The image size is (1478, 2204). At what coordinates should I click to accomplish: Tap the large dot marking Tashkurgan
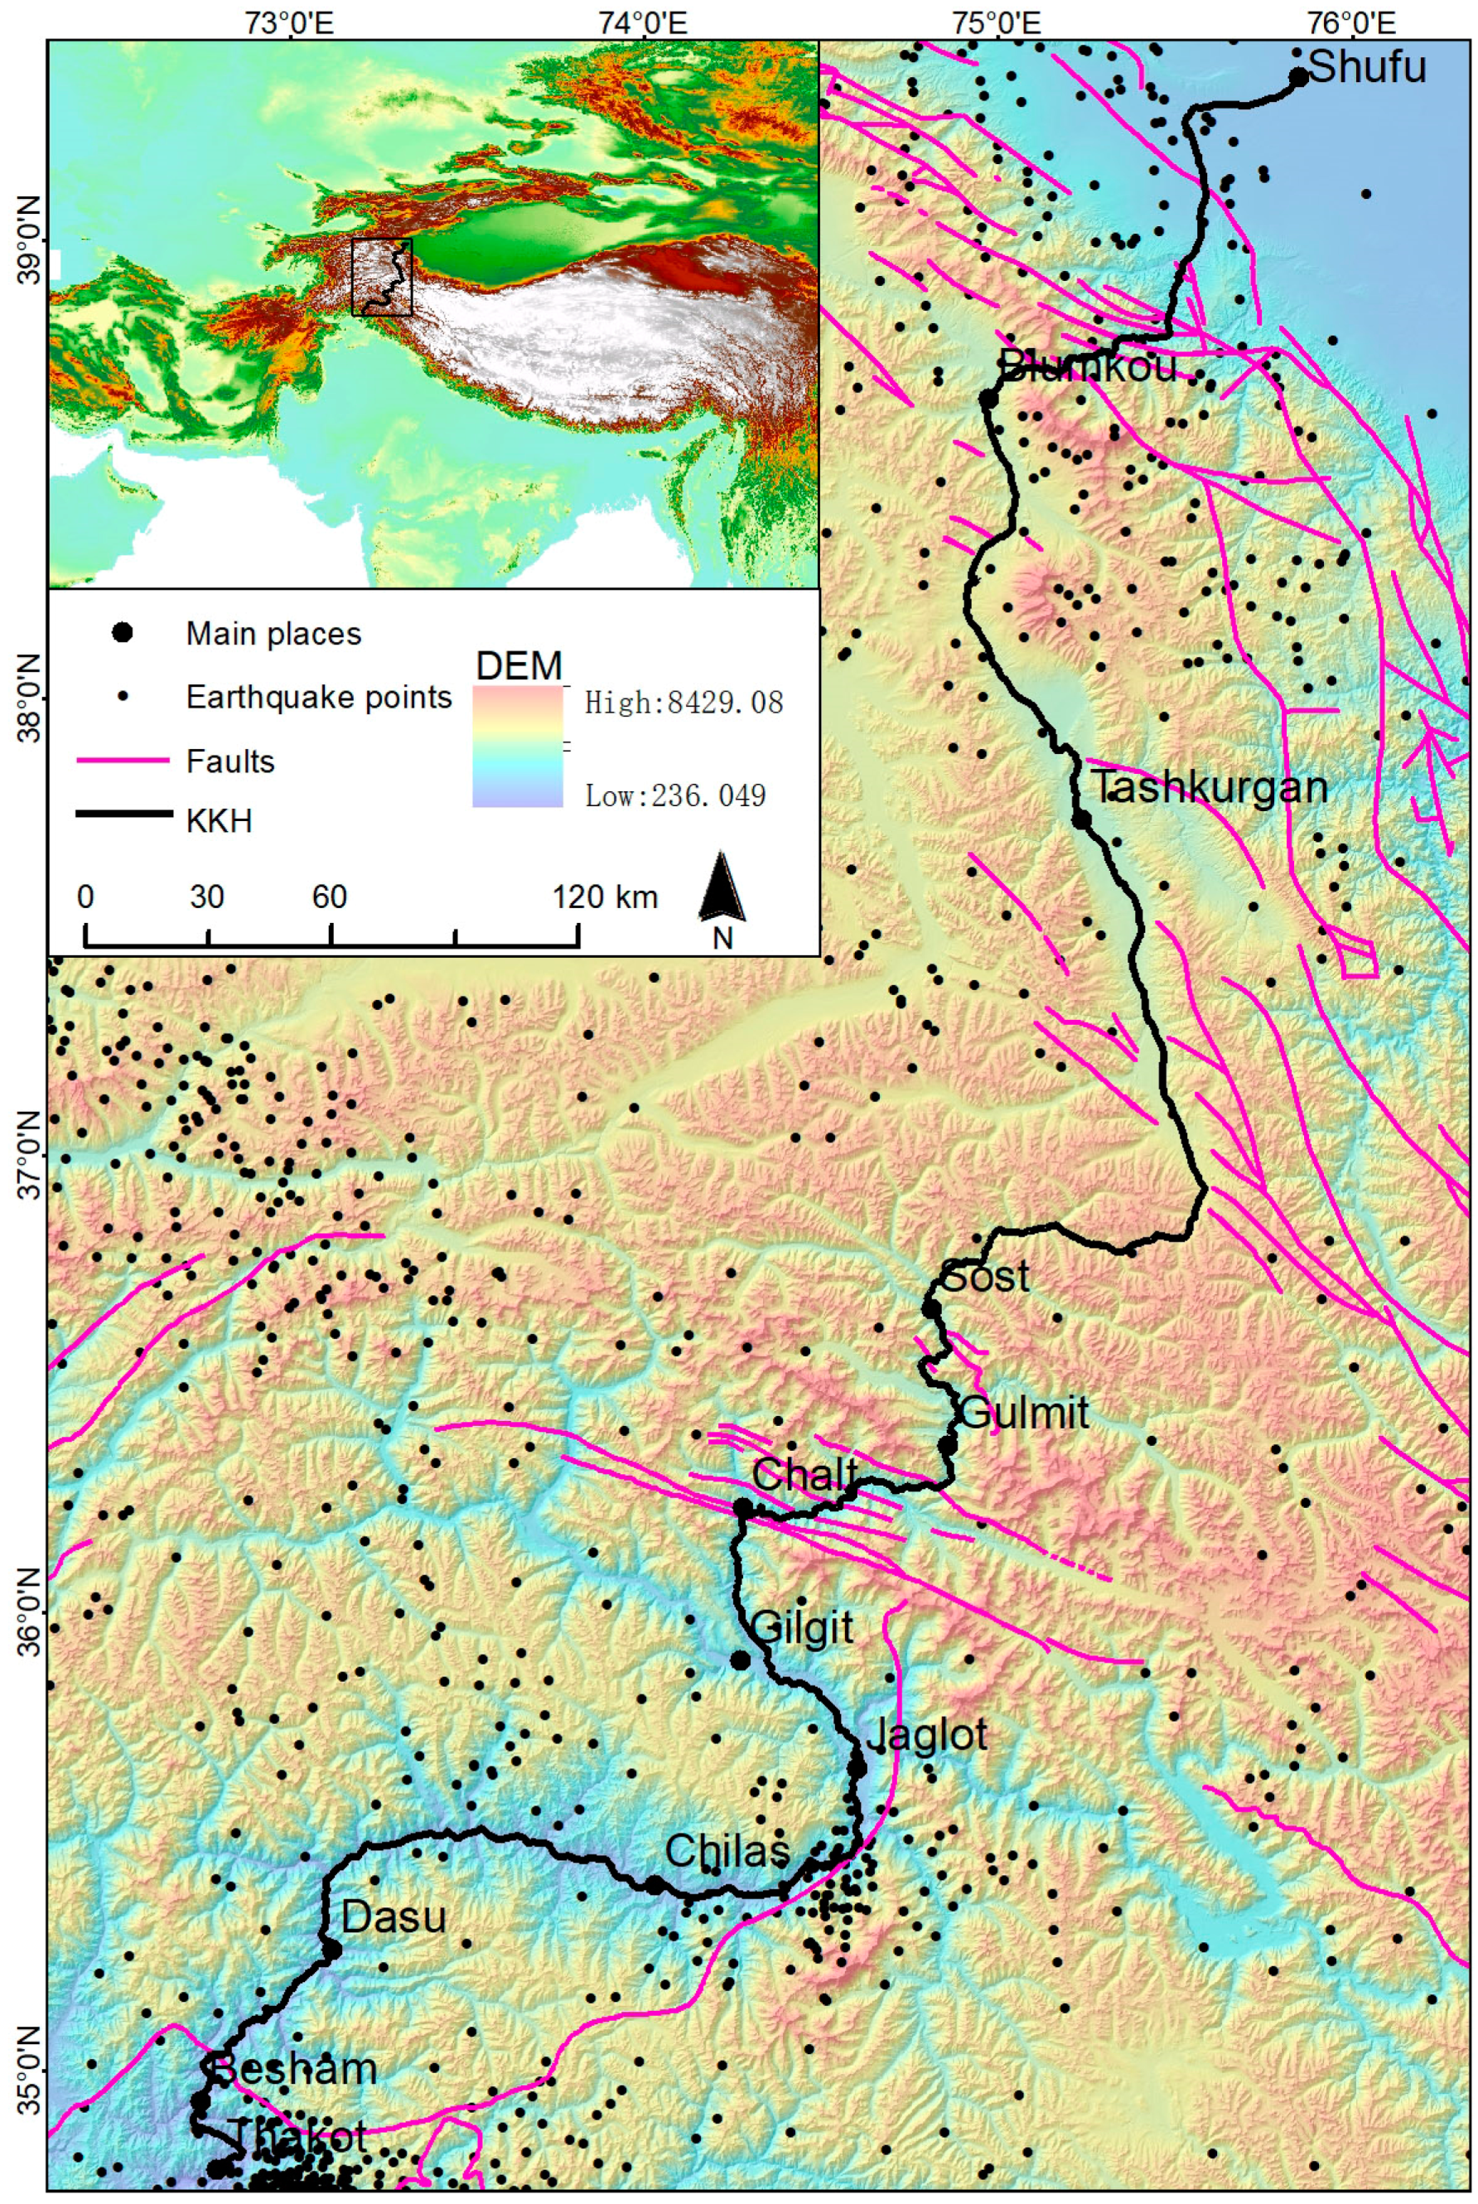1081,819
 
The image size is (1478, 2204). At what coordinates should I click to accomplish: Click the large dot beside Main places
122,632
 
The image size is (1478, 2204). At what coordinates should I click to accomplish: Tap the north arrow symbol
722,887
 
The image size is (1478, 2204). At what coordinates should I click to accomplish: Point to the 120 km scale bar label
604,897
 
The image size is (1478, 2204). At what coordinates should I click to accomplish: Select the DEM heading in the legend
519,666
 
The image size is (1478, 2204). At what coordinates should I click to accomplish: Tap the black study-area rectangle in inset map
382,276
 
